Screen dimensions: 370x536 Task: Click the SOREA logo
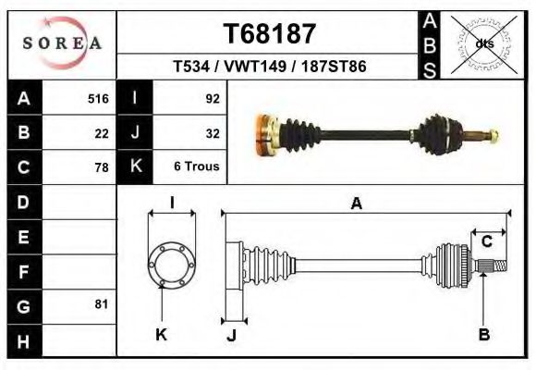[62, 43]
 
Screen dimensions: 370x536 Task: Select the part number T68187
[270, 33]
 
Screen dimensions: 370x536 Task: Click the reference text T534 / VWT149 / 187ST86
[270, 68]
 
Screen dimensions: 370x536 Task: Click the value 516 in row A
[98, 98]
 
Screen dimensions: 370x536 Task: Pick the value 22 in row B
[102, 132]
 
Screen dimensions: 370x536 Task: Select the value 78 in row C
[102, 167]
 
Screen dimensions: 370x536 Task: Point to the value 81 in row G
[102, 304]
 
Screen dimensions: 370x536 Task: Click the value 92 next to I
[212, 98]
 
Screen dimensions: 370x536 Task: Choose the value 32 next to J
[212, 132]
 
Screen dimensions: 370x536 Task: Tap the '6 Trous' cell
[195, 167]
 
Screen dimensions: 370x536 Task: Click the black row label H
[23, 339]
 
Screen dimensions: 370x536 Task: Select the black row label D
[23, 202]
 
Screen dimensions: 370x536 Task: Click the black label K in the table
[135, 167]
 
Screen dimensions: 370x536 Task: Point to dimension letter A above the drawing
[356, 204]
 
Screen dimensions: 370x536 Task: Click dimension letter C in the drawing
[486, 242]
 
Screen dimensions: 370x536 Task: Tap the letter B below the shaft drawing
[483, 335]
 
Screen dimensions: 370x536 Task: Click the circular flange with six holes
[172, 263]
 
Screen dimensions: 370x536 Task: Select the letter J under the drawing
[231, 335]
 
